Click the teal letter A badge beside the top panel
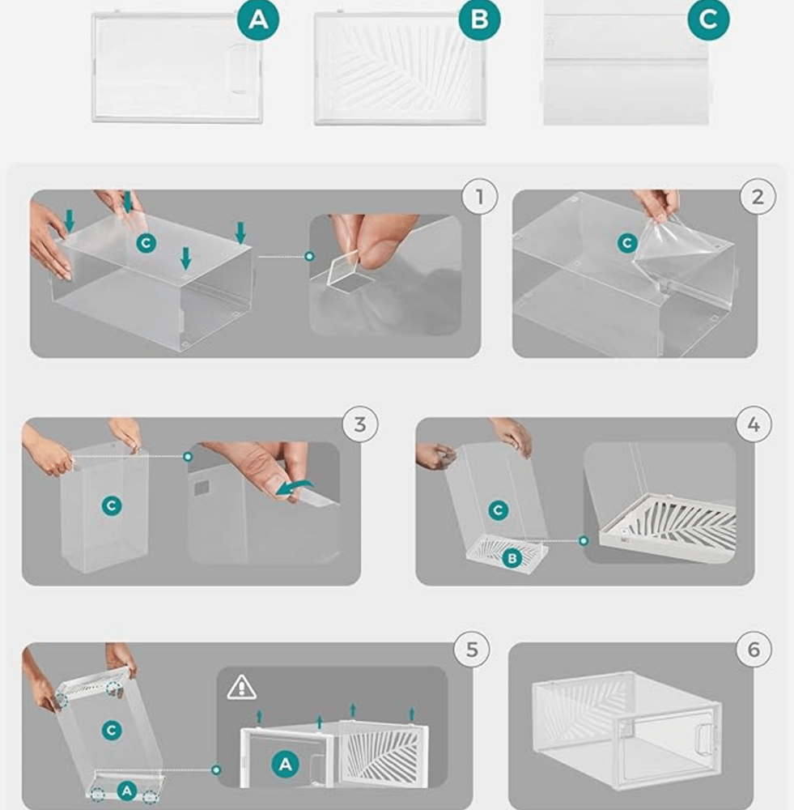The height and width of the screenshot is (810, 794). [x=258, y=19]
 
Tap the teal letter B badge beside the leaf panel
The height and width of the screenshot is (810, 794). [x=480, y=19]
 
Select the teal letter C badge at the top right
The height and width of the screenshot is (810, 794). [x=708, y=19]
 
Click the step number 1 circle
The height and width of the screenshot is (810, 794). [x=480, y=196]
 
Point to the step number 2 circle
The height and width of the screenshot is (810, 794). [x=758, y=196]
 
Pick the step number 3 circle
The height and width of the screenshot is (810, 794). [x=360, y=424]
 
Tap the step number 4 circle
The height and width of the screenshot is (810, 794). [x=754, y=424]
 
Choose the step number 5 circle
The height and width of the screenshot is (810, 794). [x=472, y=650]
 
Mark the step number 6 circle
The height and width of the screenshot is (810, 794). [x=754, y=650]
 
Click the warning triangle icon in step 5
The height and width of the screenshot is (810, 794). [x=241, y=688]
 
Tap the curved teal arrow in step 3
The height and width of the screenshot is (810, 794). [x=295, y=487]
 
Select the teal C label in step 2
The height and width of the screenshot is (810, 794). [x=627, y=243]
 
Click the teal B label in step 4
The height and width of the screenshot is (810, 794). [x=512, y=558]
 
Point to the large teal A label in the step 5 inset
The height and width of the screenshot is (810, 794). [x=286, y=764]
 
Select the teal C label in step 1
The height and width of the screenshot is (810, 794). [x=146, y=243]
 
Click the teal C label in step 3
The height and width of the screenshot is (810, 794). [x=112, y=505]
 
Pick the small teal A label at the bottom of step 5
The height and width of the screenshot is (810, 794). [x=126, y=791]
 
